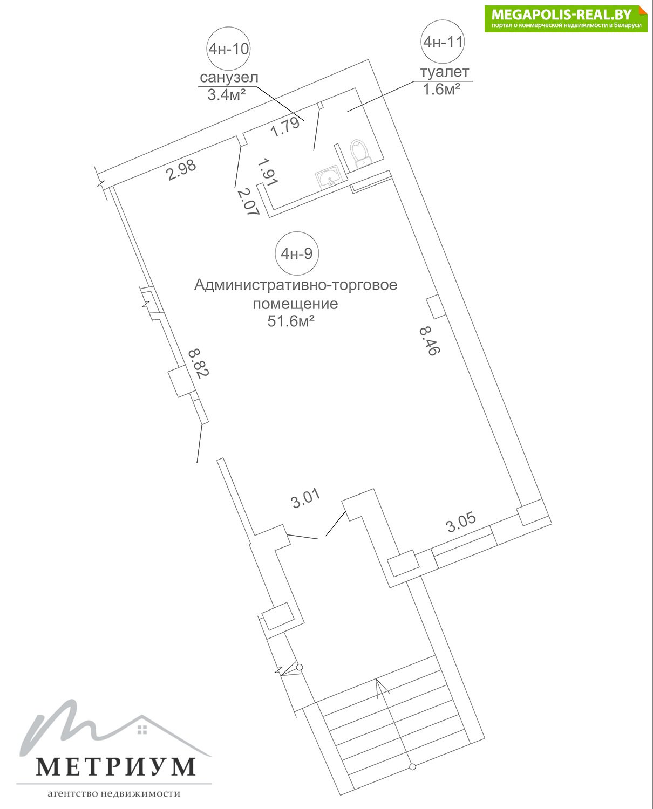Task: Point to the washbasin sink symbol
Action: pyautogui.click(x=329, y=177)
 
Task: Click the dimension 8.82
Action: pyautogui.click(x=199, y=363)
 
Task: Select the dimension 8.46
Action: pyautogui.click(x=430, y=341)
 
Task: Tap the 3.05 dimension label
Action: pyautogui.click(x=461, y=522)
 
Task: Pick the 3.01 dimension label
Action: pyautogui.click(x=306, y=498)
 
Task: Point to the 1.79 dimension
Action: pyautogui.click(x=285, y=127)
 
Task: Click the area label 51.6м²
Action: pyautogui.click(x=291, y=321)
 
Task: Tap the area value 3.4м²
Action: pyautogui.click(x=227, y=95)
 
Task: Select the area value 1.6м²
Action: pyautogui.click(x=441, y=90)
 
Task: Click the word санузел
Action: pyautogui.click(x=229, y=78)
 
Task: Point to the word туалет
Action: pyautogui.click(x=445, y=72)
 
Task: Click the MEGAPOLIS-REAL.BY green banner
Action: pyautogui.click(x=566, y=19)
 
